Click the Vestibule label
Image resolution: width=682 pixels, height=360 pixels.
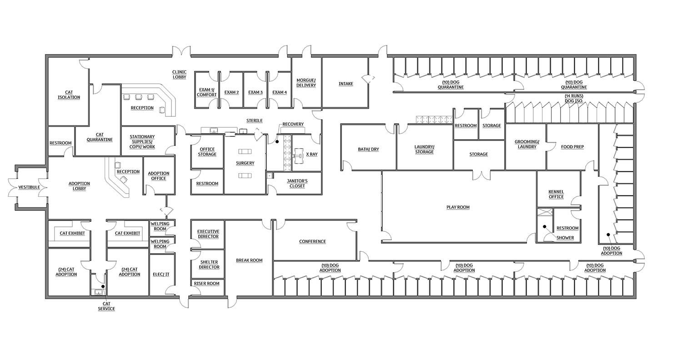[29, 187]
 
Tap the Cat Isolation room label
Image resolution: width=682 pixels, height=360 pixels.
[69, 95]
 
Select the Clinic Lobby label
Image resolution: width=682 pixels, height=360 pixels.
[179, 75]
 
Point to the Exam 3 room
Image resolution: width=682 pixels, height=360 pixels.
[256, 92]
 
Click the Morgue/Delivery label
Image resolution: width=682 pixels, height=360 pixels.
[306, 83]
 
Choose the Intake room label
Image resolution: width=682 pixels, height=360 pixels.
[346, 84]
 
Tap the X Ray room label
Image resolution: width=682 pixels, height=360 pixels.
[312, 154]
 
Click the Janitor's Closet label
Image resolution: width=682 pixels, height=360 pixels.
[297, 184]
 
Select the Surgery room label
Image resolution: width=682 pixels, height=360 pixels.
[245, 163]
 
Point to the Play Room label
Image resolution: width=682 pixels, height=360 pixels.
[458, 207]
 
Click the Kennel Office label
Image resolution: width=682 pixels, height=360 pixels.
[556, 194]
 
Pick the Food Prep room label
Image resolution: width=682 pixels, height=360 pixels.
[572, 147]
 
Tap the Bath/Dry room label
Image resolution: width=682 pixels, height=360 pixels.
[368, 149]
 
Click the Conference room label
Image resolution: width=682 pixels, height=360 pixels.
[312, 241]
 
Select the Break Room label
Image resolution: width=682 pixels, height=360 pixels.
[249, 260]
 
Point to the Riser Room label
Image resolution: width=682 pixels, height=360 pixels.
[207, 283]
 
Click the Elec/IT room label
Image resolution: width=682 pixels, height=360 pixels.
[161, 274]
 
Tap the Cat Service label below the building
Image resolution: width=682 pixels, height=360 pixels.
[106, 306]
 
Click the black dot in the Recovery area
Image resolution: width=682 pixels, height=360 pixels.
[277, 141]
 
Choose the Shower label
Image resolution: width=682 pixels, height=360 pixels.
[565, 238]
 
